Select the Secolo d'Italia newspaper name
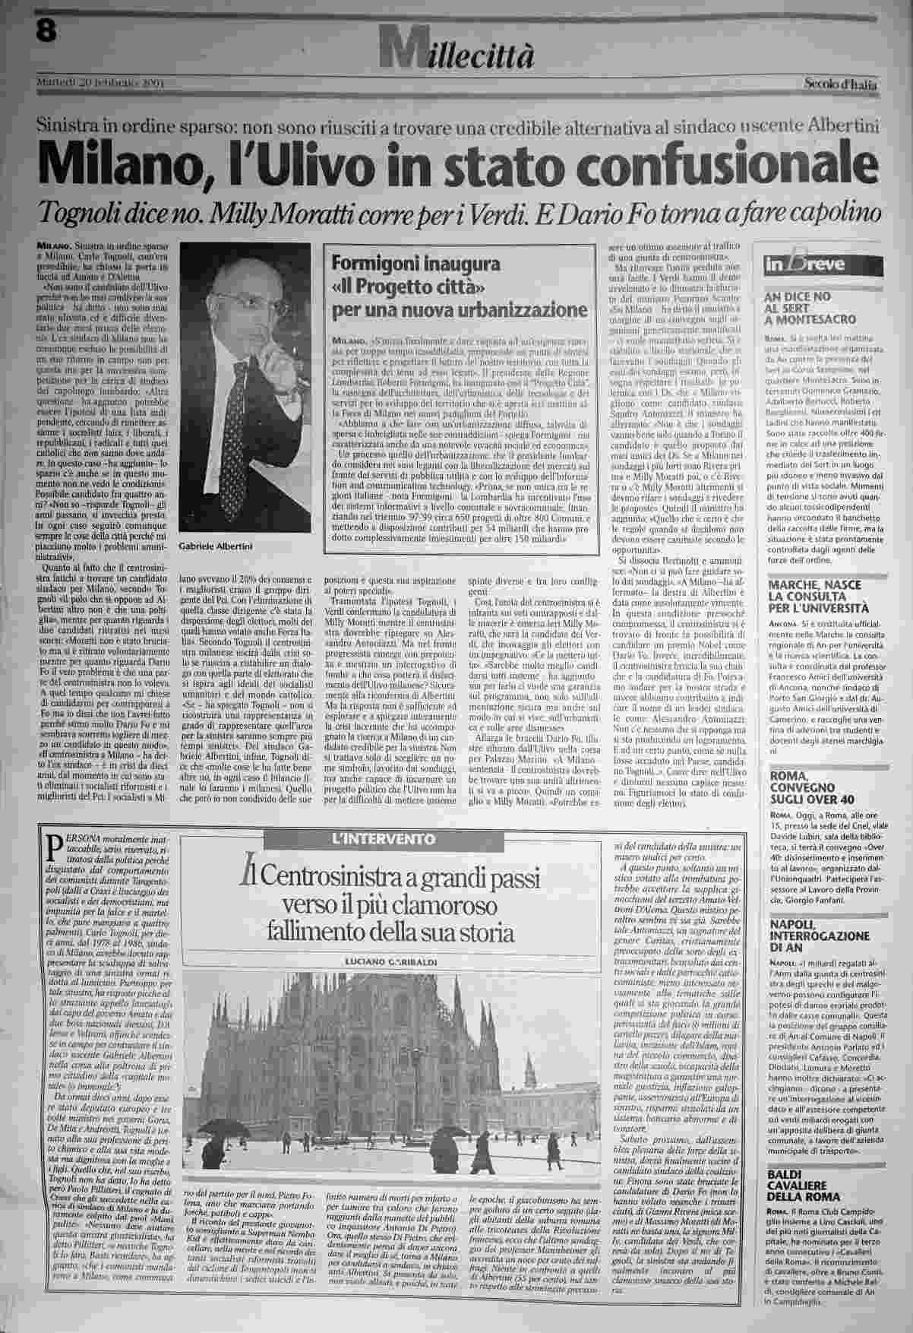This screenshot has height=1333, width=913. [x=842, y=84]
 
